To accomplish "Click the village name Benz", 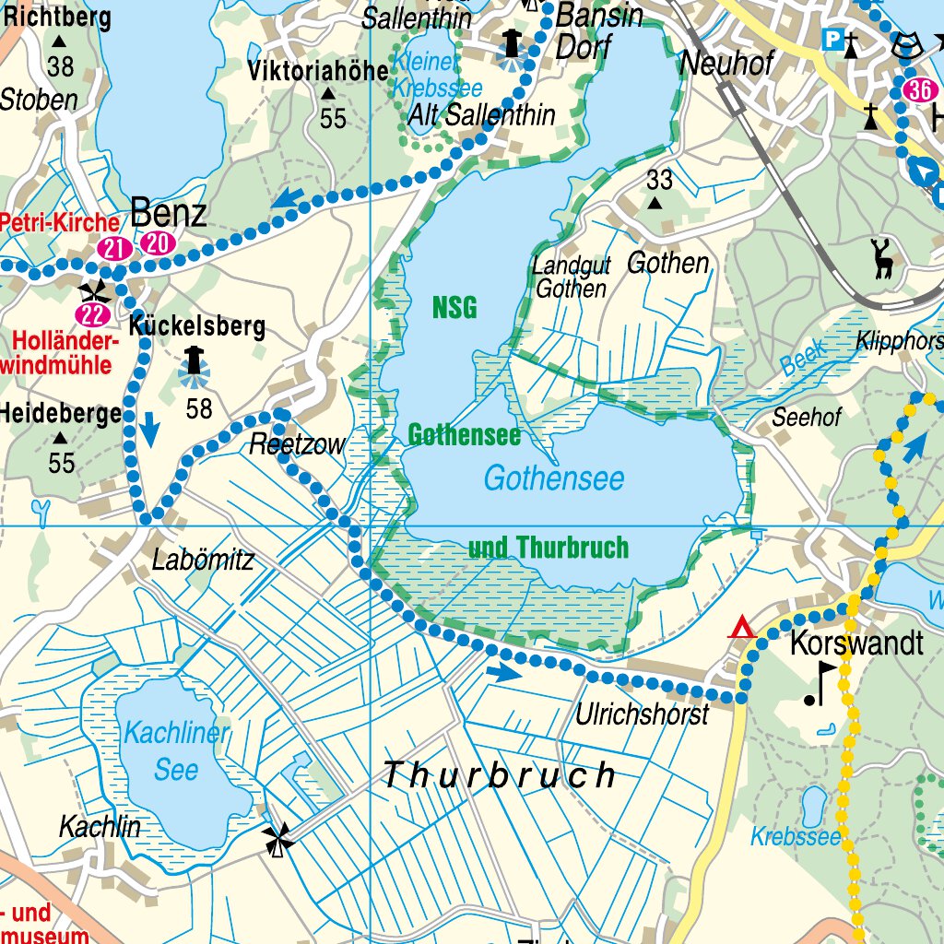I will (x=169, y=214).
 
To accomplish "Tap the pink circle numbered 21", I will (x=113, y=247).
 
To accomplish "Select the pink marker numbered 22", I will (x=93, y=315).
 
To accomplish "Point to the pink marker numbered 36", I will (x=918, y=89).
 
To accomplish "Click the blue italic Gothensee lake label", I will (x=553, y=478).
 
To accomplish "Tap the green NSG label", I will (x=454, y=309).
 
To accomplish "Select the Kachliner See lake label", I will (x=176, y=751).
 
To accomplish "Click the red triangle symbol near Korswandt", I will (x=741, y=630).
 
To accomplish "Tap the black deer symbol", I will (x=883, y=258).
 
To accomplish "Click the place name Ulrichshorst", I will (x=643, y=714).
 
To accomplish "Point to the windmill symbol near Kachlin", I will (x=277, y=839).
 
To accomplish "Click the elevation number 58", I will (x=199, y=407).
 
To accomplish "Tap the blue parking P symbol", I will (x=832, y=39).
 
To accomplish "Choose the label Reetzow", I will (x=297, y=445).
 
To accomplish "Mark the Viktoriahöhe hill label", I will (x=318, y=71).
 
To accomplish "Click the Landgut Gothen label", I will (x=572, y=277).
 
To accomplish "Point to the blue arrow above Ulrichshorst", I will (x=503, y=673).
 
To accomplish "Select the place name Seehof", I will (x=807, y=417).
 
